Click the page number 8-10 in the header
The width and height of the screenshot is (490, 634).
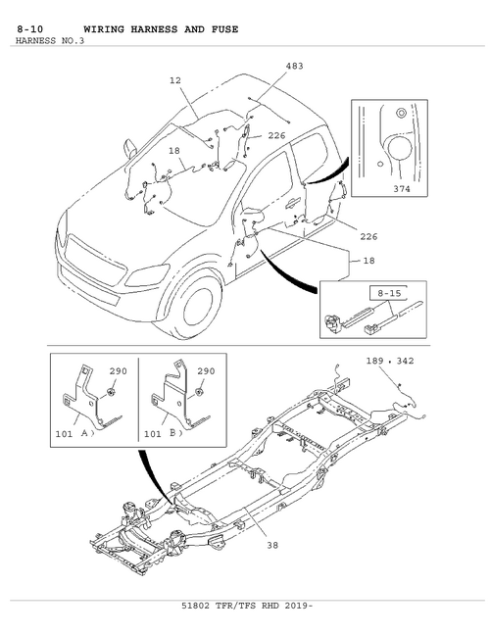[29, 29]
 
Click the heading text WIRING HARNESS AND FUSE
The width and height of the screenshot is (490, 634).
[161, 29]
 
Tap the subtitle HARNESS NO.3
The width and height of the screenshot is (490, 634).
[50, 40]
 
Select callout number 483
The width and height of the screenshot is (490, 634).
[294, 66]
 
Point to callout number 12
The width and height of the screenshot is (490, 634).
[175, 80]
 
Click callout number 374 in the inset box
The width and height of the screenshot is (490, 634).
[402, 188]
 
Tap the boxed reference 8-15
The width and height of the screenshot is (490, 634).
[389, 293]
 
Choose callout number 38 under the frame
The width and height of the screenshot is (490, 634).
[272, 545]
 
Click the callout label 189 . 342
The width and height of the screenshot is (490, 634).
[390, 361]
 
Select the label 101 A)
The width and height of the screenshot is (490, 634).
[74, 434]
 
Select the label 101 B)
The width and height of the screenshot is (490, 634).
[164, 434]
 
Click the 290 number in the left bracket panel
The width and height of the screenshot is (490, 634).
[118, 371]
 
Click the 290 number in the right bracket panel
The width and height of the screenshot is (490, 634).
[206, 371]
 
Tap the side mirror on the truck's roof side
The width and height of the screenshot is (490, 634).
[130, 148]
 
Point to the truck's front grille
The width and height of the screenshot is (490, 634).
[96, 262]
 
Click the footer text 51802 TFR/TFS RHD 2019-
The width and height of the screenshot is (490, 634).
[247, 606]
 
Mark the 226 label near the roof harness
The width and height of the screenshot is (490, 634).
[276, 135]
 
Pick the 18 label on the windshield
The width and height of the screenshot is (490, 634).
[174, 150]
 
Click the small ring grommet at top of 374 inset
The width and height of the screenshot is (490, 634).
[401, 114]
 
